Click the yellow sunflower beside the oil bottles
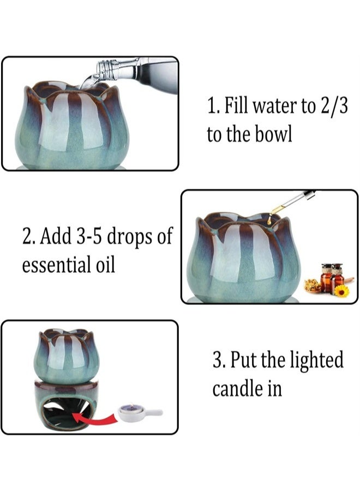(x=341, y=291)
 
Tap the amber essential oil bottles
(x=332, y=277)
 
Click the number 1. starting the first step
(x=213, y=106)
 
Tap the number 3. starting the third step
(x=219, y=361)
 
